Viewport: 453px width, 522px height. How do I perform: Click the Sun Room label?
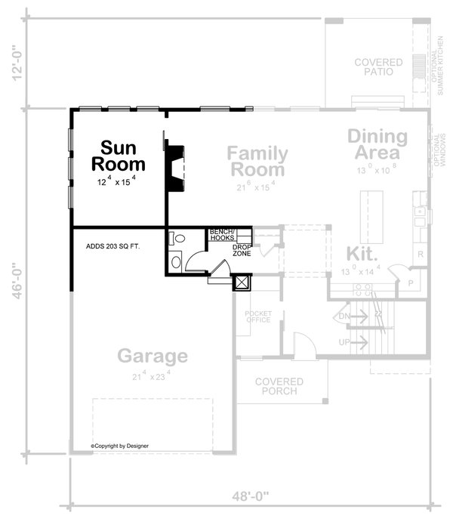click(119, 155)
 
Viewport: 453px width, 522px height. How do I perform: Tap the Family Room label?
click(257, 161)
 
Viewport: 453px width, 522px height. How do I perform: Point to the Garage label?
click(151, 356)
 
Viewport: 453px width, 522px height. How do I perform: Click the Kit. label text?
click(362, 253)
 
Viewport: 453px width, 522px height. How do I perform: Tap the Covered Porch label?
click(279, 386)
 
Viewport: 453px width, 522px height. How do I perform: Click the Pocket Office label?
click(257, 316)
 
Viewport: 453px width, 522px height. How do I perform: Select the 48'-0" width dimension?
click(246, 498)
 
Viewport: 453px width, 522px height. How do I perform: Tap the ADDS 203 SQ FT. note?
click(113, 246)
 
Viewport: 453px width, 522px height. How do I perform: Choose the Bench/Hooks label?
click(222, 234)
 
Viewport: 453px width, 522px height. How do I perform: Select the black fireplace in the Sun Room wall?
click(175, 166)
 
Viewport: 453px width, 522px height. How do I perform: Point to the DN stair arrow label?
click(344, 315)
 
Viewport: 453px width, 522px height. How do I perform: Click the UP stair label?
click(345, 342)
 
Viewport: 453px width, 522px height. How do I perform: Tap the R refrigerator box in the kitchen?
click(421, 255)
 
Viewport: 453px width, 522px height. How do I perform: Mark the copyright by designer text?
click(120, 446)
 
